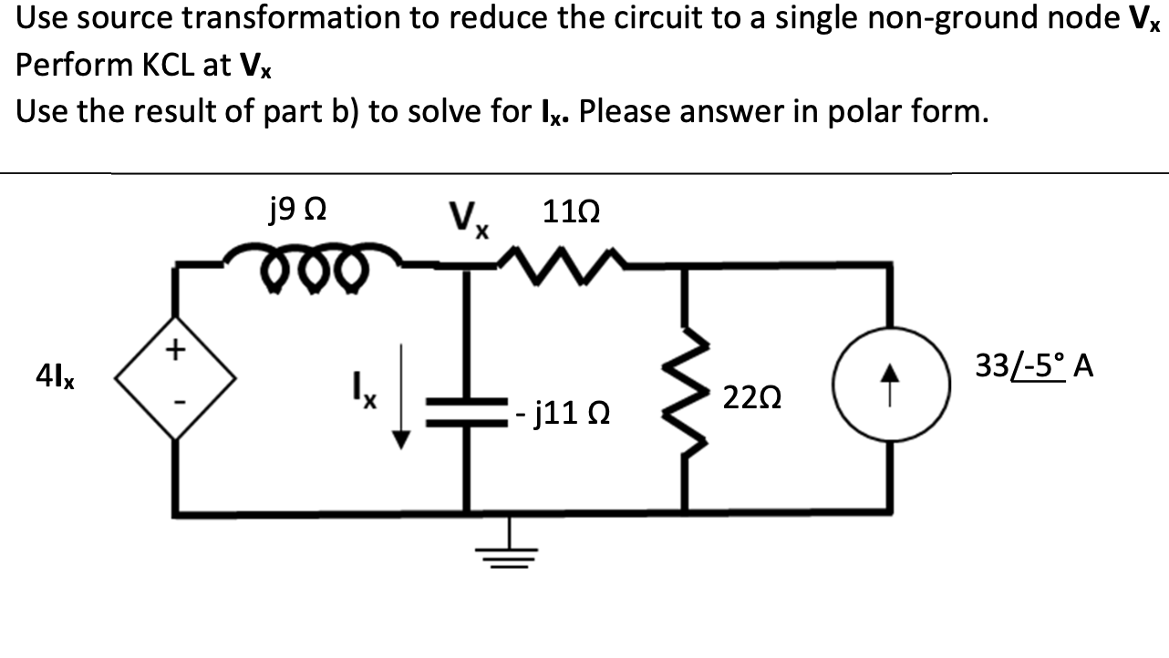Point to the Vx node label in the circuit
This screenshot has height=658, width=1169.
point(470,220)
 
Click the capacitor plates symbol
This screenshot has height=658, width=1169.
point(468,413)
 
